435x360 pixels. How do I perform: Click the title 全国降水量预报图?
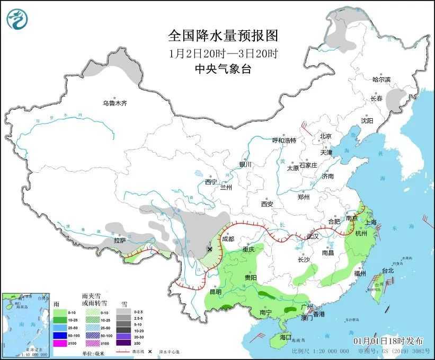click(223, 36)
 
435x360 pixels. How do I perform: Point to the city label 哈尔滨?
click(381, 80)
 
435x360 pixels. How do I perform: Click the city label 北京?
click(325, 136)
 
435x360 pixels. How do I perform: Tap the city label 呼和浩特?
click(284, 141)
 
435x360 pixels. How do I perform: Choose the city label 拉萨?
click(120, 241)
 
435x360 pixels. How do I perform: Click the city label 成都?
click(228, 239)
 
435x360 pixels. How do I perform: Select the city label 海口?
click(286, 337)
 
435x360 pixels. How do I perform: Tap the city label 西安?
click(267, 204)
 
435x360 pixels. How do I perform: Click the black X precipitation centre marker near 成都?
click(210, 249)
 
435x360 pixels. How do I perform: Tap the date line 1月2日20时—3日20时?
click(223, 53)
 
